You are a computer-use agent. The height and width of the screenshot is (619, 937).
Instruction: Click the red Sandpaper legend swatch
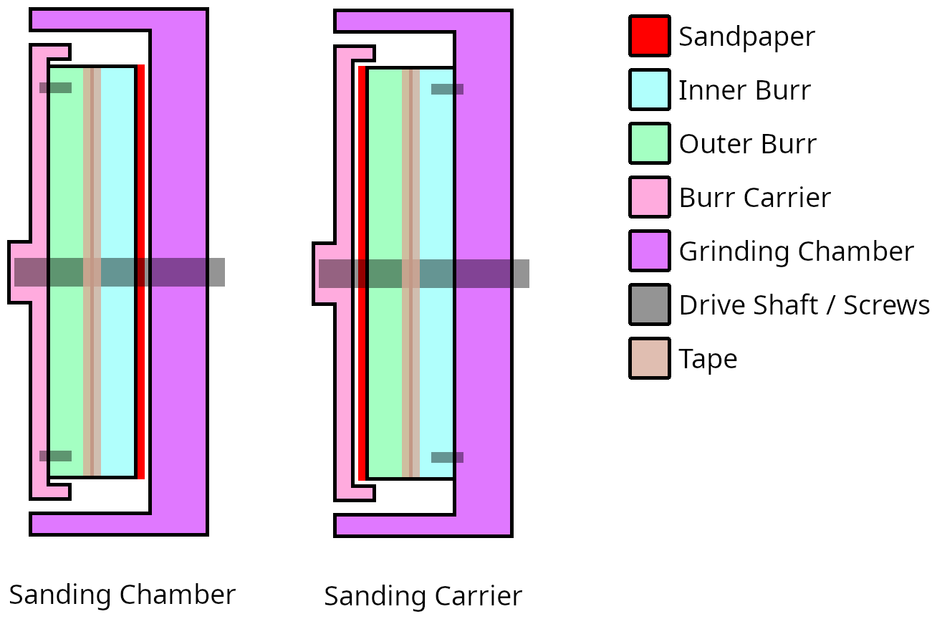tap(650, 36)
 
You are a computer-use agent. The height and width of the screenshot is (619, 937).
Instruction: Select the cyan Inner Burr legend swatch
tap(650, 90)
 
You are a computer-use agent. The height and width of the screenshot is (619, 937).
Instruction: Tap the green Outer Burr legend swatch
tap(650, 143)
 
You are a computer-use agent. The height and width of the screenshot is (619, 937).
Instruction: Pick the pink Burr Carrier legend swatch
tap(650, 197)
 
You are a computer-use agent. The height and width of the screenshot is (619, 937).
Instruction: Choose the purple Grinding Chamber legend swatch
tap(650, 251)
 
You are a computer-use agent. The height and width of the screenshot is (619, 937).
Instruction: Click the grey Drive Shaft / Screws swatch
tap(650, 304)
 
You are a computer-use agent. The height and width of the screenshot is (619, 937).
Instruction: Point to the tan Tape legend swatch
tap(650, 358)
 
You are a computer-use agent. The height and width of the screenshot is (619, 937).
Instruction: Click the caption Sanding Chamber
tap(122, 595)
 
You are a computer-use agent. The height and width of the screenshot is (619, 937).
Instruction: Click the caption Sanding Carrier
tap(423, 595)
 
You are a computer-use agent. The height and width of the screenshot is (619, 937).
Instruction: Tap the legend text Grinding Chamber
tap(796, 251)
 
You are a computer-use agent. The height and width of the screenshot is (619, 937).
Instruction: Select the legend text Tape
tap(708, 359)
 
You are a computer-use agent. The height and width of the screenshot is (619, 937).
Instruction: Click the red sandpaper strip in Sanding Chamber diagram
tap(141, 272)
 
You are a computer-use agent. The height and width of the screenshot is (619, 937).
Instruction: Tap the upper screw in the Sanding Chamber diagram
tap(56, 88)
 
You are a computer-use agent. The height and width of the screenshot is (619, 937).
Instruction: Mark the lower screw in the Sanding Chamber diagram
tap(56, 456)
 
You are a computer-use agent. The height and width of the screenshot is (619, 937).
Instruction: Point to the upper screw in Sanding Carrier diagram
tap(447, 89)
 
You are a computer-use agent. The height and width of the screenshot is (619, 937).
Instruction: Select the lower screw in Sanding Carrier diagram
tap(447, 457)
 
